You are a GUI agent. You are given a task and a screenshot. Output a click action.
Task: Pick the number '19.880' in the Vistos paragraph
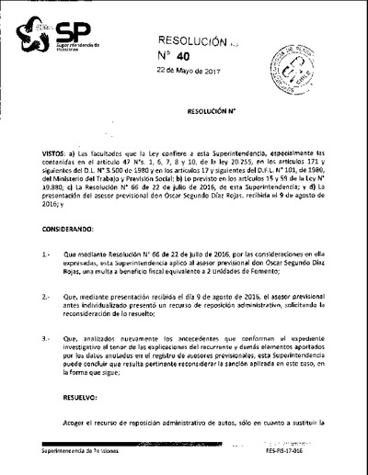[54, 211]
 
